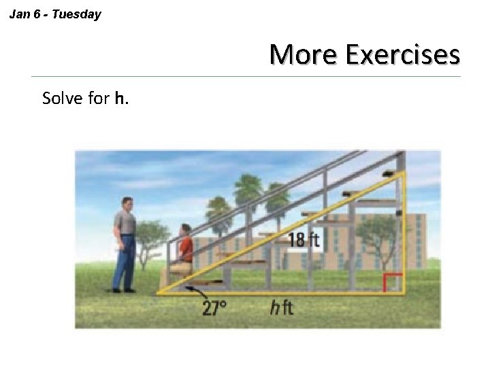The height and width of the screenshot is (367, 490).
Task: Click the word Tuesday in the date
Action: (76, 14)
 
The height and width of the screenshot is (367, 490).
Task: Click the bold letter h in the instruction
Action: (119, 99)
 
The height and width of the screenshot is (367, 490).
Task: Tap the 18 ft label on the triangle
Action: (304, 239)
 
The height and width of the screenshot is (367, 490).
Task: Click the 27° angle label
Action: (214, 308)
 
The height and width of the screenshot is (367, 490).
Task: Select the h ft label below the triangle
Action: (281, 308)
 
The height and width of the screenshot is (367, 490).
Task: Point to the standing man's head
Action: (127, 205)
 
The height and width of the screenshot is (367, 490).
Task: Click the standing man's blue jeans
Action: (125, 262)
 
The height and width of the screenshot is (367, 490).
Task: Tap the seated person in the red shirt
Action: (184, 246)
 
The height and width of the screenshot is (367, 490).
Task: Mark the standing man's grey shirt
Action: (125, 223)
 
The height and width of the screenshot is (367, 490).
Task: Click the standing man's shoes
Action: (123, 290)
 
